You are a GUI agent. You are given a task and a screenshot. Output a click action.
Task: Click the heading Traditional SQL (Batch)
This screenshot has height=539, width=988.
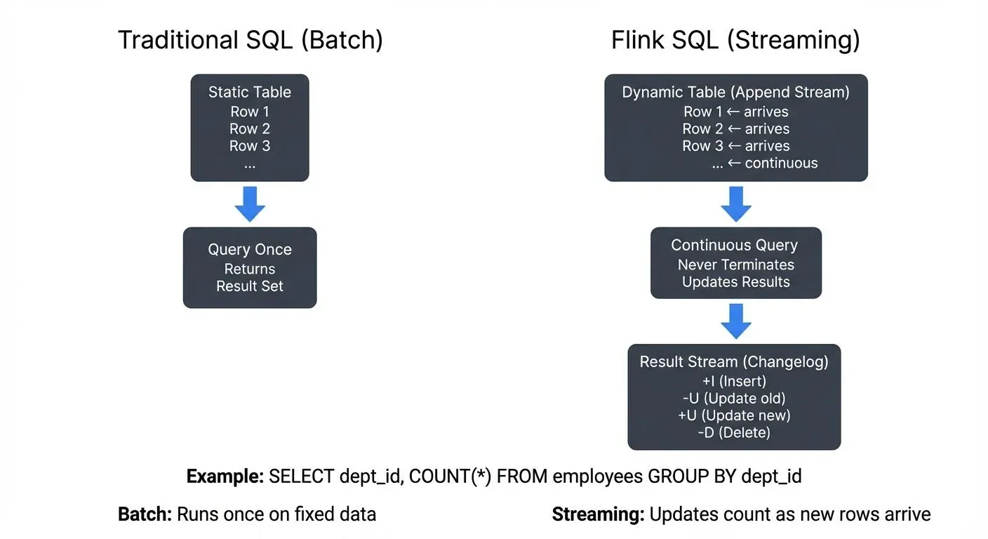(250, 40)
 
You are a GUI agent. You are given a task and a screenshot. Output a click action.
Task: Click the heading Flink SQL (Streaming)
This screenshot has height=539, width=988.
(735, 40)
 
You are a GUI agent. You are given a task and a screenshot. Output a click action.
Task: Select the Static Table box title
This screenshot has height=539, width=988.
(250, 92)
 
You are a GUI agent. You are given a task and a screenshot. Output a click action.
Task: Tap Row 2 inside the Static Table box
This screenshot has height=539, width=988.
(250, 129)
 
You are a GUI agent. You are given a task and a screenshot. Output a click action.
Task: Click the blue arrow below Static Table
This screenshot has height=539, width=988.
(250, 204)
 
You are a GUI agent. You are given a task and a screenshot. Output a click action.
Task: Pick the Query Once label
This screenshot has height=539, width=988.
(250, 250)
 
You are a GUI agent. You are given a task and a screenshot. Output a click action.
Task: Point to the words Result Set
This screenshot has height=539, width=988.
(250, 286)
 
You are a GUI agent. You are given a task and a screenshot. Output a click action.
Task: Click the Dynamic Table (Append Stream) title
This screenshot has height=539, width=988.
(735, 93)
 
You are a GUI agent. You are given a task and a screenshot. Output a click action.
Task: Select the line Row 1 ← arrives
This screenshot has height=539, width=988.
(735, 112)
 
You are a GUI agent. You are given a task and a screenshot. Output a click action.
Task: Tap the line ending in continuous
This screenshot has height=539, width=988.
(764, 164)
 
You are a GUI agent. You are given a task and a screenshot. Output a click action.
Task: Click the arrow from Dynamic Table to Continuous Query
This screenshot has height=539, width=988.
(736, 204)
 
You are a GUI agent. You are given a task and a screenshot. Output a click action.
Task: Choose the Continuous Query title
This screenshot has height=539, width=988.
(735, 246)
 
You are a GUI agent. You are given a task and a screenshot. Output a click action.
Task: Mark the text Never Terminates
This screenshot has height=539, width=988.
(735, 265)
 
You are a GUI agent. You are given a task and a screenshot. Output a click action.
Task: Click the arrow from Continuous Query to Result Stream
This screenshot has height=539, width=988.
(736, 321)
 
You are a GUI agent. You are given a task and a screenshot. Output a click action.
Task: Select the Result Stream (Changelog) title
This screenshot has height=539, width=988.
(734, 362)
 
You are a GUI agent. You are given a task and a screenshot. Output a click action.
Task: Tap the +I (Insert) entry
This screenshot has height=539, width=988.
(734, 381)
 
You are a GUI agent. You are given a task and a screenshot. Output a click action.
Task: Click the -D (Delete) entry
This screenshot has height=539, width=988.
(734, 433)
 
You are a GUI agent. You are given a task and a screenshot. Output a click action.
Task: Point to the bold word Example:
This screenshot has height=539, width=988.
(225, 477)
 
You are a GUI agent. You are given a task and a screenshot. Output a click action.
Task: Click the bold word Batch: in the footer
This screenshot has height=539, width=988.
(145, 514)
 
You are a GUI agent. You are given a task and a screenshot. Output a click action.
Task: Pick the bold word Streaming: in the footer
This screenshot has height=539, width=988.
(598, 514)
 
